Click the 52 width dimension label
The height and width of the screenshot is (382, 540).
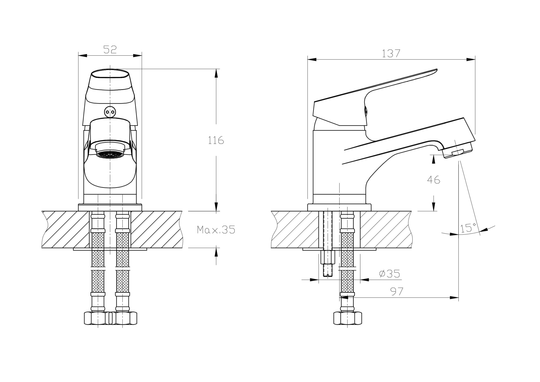[110, 49]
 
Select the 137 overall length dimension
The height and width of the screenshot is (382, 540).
[391, 54]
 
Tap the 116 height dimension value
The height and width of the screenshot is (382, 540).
[216, 141]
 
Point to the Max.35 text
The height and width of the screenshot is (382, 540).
[216, 230]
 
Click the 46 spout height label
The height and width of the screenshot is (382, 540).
[434, 180]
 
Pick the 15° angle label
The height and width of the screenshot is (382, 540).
[468, 228]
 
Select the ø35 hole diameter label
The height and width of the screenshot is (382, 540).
[389, 274]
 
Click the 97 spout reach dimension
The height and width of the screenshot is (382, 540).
[397, 291]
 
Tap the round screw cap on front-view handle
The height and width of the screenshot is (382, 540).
[110, 112]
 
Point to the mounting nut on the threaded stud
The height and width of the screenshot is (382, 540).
[328, 257]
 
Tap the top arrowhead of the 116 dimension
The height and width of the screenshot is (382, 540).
[216, 73]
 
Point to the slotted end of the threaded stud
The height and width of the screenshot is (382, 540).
[328, 275]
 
